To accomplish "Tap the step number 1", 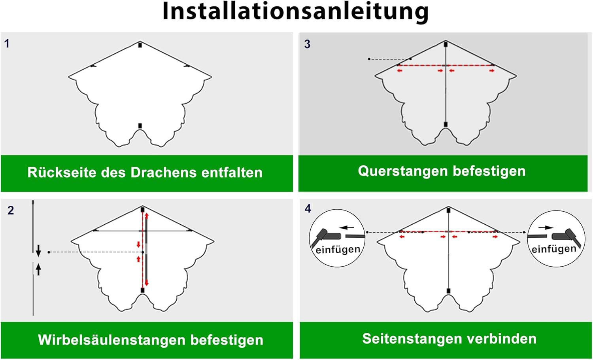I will (x=7, y=44).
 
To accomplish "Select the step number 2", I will (x=11, y=210).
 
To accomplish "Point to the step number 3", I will (x=307, y=44).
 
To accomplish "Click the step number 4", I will (x=308, y=208).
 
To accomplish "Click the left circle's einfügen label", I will (x=338, y=250).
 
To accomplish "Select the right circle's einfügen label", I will (x=554, y=249).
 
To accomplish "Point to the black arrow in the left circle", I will (x=347, y=227).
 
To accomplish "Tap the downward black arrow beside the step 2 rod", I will (x=38, y=250).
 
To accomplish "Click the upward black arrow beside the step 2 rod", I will (x=38, y=269).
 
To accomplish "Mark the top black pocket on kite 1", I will (x=140, y=45).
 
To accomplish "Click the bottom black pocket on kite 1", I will (x=140, y=126).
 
